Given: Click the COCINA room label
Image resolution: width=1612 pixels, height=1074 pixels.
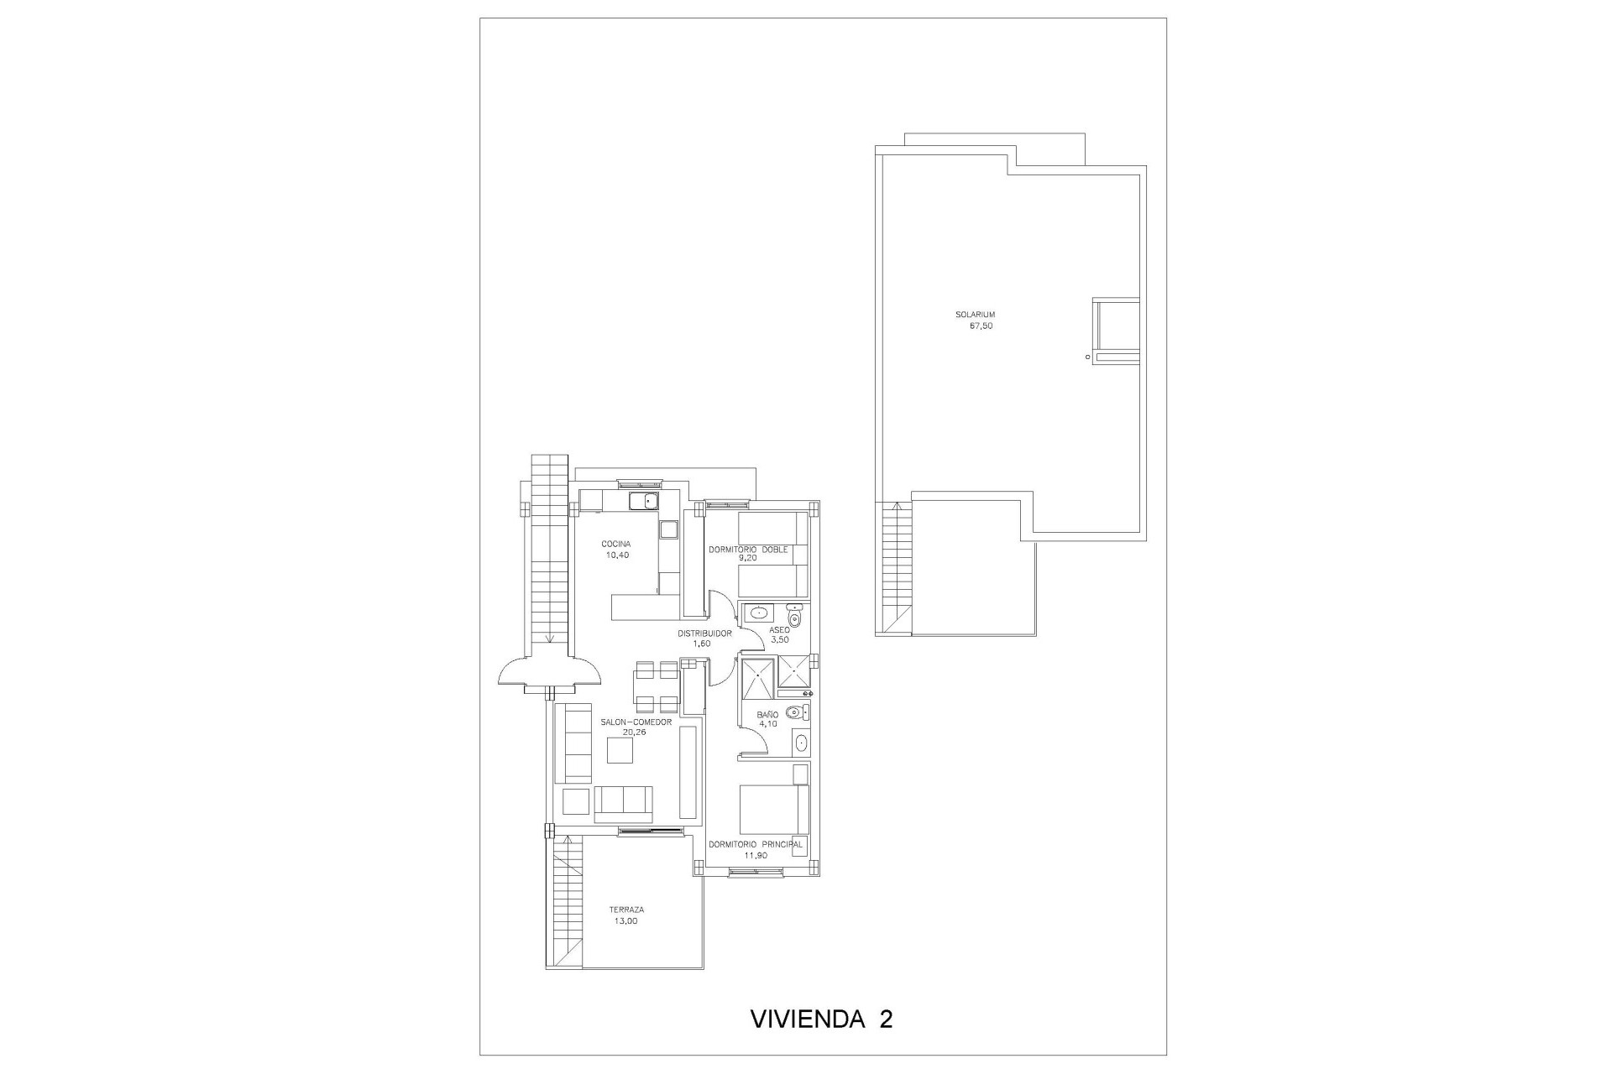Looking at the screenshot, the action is click(x=615, y=544).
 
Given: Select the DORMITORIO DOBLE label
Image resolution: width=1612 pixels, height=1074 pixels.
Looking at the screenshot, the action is click(x=748, y=550).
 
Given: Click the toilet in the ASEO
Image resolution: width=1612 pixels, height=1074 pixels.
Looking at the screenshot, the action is click(x=795, y=617).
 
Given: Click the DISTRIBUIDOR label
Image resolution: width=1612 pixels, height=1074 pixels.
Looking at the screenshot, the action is click(x=705, y=633).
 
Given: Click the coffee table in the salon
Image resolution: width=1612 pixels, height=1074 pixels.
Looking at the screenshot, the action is click(x=620, y=750).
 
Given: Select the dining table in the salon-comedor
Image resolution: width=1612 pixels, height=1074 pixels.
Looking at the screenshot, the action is click(x=657, y=686).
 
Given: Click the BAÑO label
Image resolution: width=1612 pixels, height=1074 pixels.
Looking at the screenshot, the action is click(x=767, y=714).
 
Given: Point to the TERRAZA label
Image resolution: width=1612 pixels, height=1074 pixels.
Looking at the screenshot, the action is click(x=626, y=910).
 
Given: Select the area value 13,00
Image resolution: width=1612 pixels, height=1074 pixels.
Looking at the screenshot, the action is click(x=626, y=920).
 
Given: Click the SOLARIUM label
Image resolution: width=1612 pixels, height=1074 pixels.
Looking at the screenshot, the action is click(x=975, y=315).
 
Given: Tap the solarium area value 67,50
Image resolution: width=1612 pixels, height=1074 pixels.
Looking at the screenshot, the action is click(x=981, y=326).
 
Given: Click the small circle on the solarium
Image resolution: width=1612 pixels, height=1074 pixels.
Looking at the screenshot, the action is click(x=1087, y=357).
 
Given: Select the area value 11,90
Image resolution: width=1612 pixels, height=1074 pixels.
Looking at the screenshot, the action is click(x=756, y=855).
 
